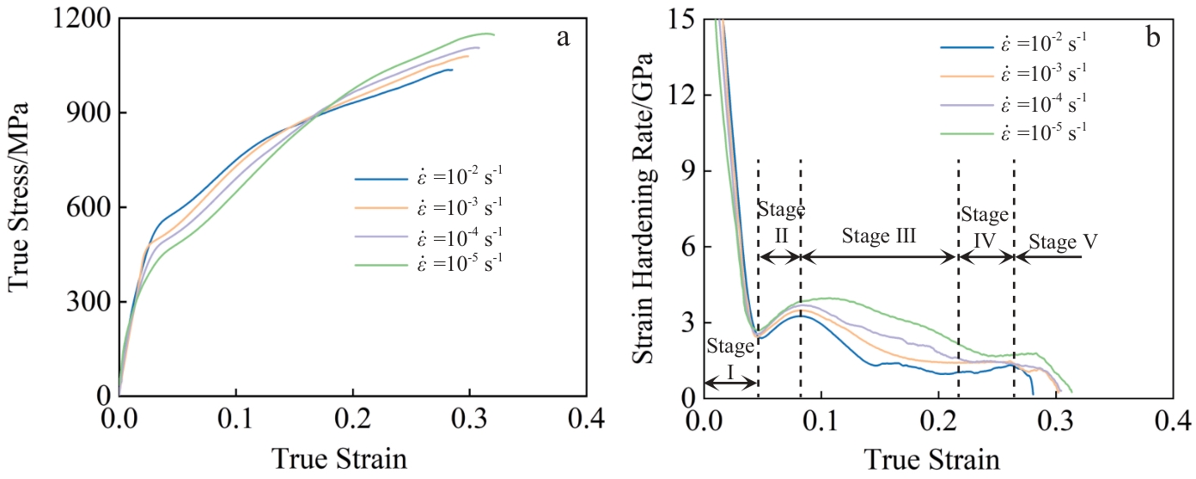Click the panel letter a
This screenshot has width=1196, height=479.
564,38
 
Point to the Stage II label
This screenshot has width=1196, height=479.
780,222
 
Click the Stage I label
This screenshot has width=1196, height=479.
729,359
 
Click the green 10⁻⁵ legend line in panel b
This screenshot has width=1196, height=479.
966,132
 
